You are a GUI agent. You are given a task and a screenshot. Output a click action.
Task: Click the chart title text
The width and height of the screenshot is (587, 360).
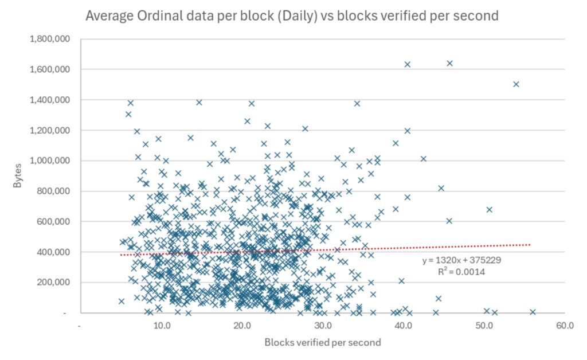pos(292,16)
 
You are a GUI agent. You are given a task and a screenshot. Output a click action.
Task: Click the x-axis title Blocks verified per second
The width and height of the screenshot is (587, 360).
pos(322,343)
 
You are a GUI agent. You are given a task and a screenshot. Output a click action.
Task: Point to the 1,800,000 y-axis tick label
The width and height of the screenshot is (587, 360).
pos(49,39)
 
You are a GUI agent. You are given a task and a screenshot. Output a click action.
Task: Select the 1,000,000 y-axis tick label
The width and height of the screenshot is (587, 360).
pos(49,161)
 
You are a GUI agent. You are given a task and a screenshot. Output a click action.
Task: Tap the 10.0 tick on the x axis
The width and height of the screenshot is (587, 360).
pos(161,326)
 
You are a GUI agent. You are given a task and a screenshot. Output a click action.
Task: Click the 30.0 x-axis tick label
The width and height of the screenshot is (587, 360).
pos(323,326)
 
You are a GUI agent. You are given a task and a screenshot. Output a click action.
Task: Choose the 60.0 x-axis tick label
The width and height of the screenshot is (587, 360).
pos(565,326)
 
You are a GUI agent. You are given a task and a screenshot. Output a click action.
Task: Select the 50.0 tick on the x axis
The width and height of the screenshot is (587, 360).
pos(484,326)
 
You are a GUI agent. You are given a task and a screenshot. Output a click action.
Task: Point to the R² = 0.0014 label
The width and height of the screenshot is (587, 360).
pos(461,272)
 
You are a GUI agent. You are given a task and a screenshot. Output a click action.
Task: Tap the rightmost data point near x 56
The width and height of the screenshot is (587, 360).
pos(533,312)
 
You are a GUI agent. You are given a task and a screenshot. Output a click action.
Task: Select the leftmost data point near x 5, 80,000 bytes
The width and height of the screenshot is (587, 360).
pos(122,301)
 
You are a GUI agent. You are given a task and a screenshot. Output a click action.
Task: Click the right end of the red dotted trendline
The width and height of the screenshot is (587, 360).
pos(530,244)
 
